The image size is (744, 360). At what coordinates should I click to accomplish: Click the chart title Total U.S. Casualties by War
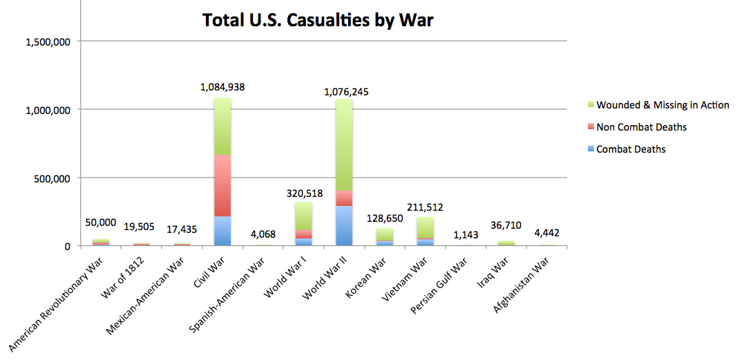(x=318, y=20)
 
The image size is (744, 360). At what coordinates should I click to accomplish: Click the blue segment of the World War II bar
(x=343, y=225)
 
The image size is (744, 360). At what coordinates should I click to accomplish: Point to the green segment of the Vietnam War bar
(x=425, y=227)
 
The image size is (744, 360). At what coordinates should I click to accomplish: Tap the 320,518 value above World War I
(x=303, y=193)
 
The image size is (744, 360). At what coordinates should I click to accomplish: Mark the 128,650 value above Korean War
(x=384, y=218)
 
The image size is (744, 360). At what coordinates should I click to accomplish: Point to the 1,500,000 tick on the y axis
(x=48, y=41)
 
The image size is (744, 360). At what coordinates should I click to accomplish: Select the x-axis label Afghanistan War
(x=520, y=285)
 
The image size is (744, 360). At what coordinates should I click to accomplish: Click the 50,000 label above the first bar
(x=101, y=222)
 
